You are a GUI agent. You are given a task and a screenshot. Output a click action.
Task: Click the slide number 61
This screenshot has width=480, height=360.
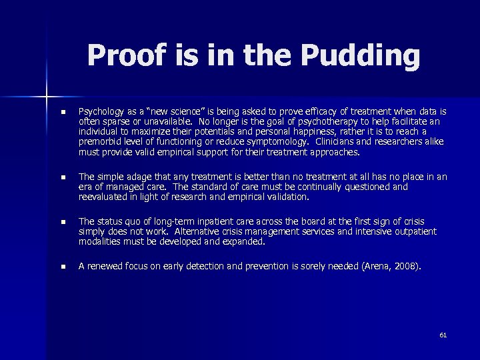[443, 335]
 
